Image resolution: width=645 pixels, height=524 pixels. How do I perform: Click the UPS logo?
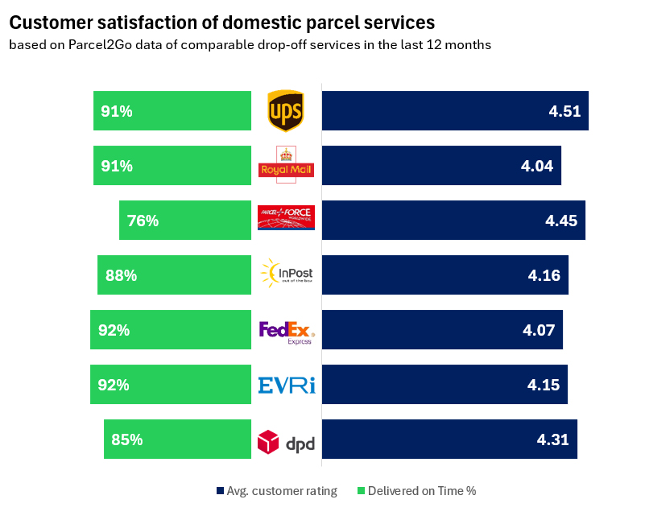(x=286, y=111)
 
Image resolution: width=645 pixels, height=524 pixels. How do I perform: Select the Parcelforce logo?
(x=286, y=217)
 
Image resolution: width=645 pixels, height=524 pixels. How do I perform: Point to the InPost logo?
(x=287, y=274)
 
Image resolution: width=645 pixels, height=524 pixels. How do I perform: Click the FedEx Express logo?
(x=287, y=331)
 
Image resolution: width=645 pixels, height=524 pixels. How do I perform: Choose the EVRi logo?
(x=287, y=386)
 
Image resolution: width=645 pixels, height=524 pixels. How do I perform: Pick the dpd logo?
(x=286, y=442)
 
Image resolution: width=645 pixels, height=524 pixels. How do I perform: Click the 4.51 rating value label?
(x=564, y=111)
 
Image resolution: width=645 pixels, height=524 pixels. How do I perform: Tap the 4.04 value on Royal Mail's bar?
(x=537, y=166)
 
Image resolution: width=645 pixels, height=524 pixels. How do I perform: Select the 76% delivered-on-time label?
(x=143, y=221)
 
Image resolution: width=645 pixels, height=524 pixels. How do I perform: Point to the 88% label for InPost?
(x=121, y=275)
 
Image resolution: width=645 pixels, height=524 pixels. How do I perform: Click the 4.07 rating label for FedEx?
(x=539, y=330)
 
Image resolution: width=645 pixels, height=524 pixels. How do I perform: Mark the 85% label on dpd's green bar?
(x=127, y=439)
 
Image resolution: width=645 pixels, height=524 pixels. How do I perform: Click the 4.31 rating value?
(x=553, y=439)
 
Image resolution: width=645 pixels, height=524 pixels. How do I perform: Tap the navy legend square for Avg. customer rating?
(x=220, y=491)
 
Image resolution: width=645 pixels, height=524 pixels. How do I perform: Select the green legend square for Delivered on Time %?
(x=362, y=491)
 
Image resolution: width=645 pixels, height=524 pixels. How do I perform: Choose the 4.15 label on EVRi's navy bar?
(x=544, y=385)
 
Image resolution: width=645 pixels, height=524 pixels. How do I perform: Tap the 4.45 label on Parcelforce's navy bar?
(x=561, y=221)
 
